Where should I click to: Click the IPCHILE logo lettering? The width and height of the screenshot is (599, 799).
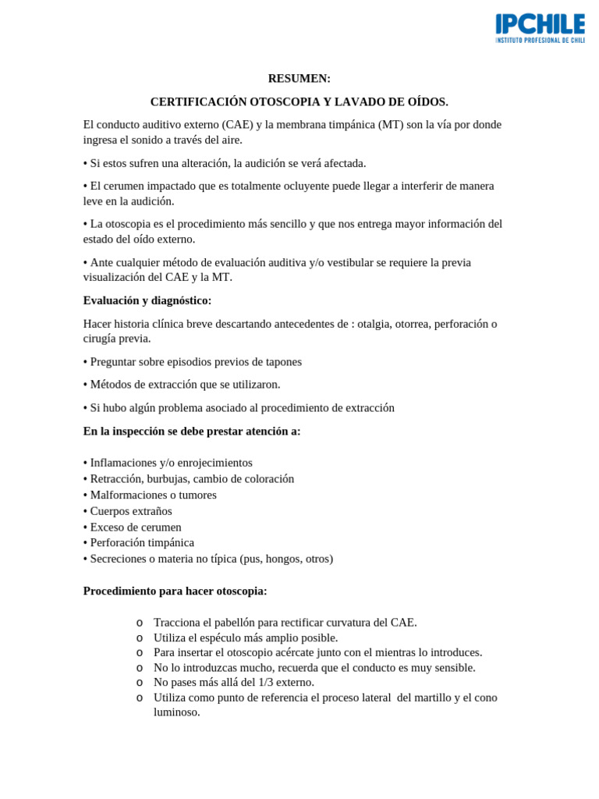click(x=540, y=24)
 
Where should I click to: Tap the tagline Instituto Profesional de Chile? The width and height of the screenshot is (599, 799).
click(x=540, y=40)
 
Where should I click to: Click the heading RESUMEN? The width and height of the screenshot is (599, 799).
click(x=299, y=78)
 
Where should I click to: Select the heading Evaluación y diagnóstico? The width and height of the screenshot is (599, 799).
click(x=147, y=300)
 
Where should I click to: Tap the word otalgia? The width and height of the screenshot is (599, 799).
click(x=375, y=324)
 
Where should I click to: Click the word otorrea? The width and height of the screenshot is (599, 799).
click(x=417, y=324)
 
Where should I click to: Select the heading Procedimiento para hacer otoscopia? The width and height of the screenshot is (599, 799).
click(x=175, y=591)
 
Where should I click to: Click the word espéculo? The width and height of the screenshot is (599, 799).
click(x=215, y=637)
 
